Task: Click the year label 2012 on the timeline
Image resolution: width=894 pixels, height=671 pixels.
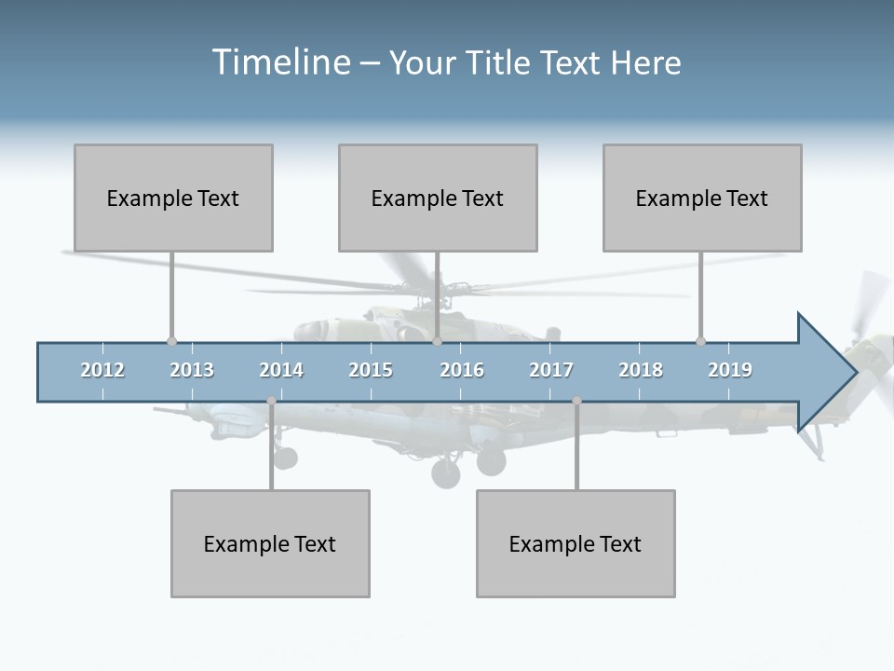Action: (102, 370)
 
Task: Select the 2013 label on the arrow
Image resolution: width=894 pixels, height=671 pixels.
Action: (192, 370)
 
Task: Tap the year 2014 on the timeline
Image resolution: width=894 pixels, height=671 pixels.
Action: (281, 370)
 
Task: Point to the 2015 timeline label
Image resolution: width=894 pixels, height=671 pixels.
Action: (371, 370)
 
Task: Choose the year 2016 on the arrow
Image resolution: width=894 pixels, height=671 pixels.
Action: (462, 370)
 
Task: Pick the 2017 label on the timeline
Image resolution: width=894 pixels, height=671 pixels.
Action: (551, 370)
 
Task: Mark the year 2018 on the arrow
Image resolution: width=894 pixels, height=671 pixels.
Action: (641, 370)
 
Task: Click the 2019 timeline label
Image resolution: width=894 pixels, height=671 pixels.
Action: (730, 370)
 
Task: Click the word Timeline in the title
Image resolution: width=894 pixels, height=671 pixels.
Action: (280, 62)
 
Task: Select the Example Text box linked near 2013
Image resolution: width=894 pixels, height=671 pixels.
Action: (173, 198)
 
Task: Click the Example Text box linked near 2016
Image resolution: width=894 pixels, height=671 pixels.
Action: (438, 198)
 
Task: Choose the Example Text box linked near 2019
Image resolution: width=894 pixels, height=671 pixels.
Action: (702, 198)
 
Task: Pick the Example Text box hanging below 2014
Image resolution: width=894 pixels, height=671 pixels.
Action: (270, 543)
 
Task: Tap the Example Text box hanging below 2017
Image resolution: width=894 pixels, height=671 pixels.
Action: (576, 543)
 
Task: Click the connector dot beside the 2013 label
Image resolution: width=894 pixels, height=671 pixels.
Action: (171, 342)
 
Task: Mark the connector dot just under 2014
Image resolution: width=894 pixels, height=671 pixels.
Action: (271, 401)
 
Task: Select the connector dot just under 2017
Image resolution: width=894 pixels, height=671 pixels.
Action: (576, 401)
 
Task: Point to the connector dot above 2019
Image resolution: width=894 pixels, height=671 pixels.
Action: (700, 342)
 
